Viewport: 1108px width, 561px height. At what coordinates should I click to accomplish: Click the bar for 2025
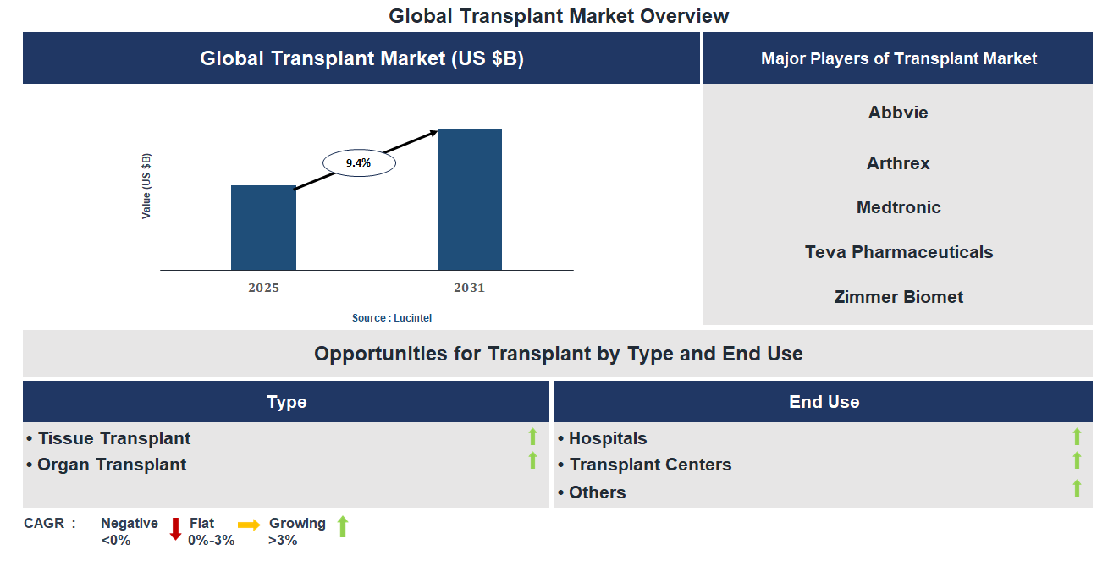tap(263, 228)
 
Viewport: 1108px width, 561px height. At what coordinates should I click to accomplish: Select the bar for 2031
tap(469, 200)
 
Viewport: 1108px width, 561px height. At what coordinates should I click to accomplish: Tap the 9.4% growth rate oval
tap(358, 163)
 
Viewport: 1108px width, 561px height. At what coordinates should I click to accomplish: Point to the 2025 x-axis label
tap(263, 288)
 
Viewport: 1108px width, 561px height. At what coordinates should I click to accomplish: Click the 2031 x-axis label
tap(469, 288)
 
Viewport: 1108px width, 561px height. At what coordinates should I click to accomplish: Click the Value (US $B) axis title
tap(146, 186)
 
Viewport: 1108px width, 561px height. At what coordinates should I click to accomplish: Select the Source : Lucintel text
tap(392, 318)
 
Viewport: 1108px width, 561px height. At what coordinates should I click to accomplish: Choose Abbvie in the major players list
tap(897, 113)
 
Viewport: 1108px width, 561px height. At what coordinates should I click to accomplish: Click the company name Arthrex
tap(897, 163)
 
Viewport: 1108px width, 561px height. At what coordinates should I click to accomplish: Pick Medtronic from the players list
tap(897, 207)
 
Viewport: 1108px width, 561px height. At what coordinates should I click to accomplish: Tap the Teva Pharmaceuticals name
tap(898, 252)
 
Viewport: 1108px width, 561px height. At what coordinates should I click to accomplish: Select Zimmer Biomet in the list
tap(898, 297)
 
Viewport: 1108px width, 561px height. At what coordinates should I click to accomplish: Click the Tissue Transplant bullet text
tap(113, 438)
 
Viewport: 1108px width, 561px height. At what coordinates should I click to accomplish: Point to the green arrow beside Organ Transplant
tap(532, 460)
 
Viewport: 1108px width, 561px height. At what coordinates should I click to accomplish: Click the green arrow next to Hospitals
tap(1077, 437)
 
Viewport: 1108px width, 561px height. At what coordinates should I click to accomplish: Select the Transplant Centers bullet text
tap(649, 465)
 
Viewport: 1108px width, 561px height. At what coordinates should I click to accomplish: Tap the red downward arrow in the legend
tap(175, 529)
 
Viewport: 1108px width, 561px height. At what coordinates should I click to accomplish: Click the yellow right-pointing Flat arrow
tap(249, 525)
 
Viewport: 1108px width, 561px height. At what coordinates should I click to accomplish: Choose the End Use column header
tap(824, 402)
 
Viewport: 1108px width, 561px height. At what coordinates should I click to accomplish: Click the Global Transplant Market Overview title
tap(559, 15)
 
